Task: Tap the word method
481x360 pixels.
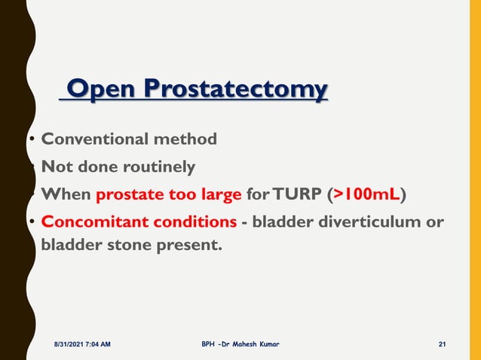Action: tap(185, 139)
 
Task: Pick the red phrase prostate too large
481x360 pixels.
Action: tap(168, 195)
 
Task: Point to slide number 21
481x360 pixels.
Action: tap(443, 344)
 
